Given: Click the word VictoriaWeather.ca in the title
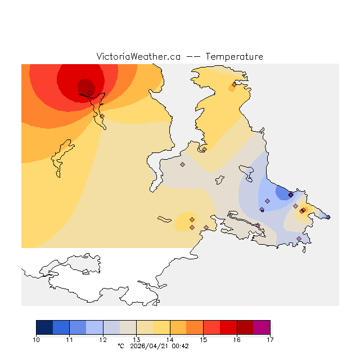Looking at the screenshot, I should click(x=138, y=57).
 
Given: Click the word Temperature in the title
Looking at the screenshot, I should click(x=234, y=57).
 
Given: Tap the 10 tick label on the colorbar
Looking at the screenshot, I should click(x=37, y=339).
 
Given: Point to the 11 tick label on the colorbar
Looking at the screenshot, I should click(x=70, y=339).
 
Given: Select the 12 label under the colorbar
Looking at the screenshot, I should click(x=103, y=339).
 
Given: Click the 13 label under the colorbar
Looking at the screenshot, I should click(x=137, y=339).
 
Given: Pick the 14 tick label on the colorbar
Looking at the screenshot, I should click(x=170, y=339).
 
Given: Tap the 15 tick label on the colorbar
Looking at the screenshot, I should click(x=203, y=339).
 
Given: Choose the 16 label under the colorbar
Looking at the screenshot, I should click(x=237, y=339).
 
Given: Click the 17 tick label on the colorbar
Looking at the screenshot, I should click(x=270, y=339).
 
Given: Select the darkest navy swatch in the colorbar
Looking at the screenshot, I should click(x=44, y=327).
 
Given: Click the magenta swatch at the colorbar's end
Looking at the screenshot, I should click(x=262, y=327).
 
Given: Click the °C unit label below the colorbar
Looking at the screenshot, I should click(x=120, y=346).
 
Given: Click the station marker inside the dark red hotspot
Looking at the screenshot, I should click(x=89, y=93).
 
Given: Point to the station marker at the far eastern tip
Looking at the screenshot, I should click(x=328, y=217).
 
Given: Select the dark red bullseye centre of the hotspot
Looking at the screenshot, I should click(x=85, y=86).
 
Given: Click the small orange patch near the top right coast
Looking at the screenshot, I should click(x=231, y=88).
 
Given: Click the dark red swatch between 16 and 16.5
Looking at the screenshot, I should click(x=245, y=327).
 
